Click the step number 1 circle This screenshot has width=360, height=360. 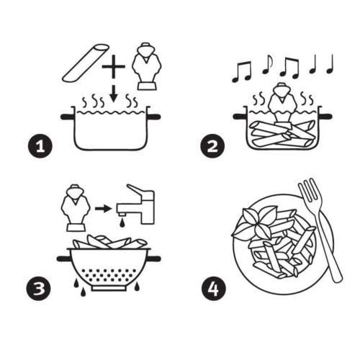(42, 147)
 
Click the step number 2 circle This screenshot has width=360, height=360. (212, 147)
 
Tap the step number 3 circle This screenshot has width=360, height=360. (42, 289)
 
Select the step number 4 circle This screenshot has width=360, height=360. (212, 290)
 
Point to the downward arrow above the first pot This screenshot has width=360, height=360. (112, 92)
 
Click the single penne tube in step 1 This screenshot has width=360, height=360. (86, 63)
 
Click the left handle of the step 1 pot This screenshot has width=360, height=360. (66, 114)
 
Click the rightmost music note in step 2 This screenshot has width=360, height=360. (330, 64)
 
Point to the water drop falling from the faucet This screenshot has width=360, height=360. (127, 225)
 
